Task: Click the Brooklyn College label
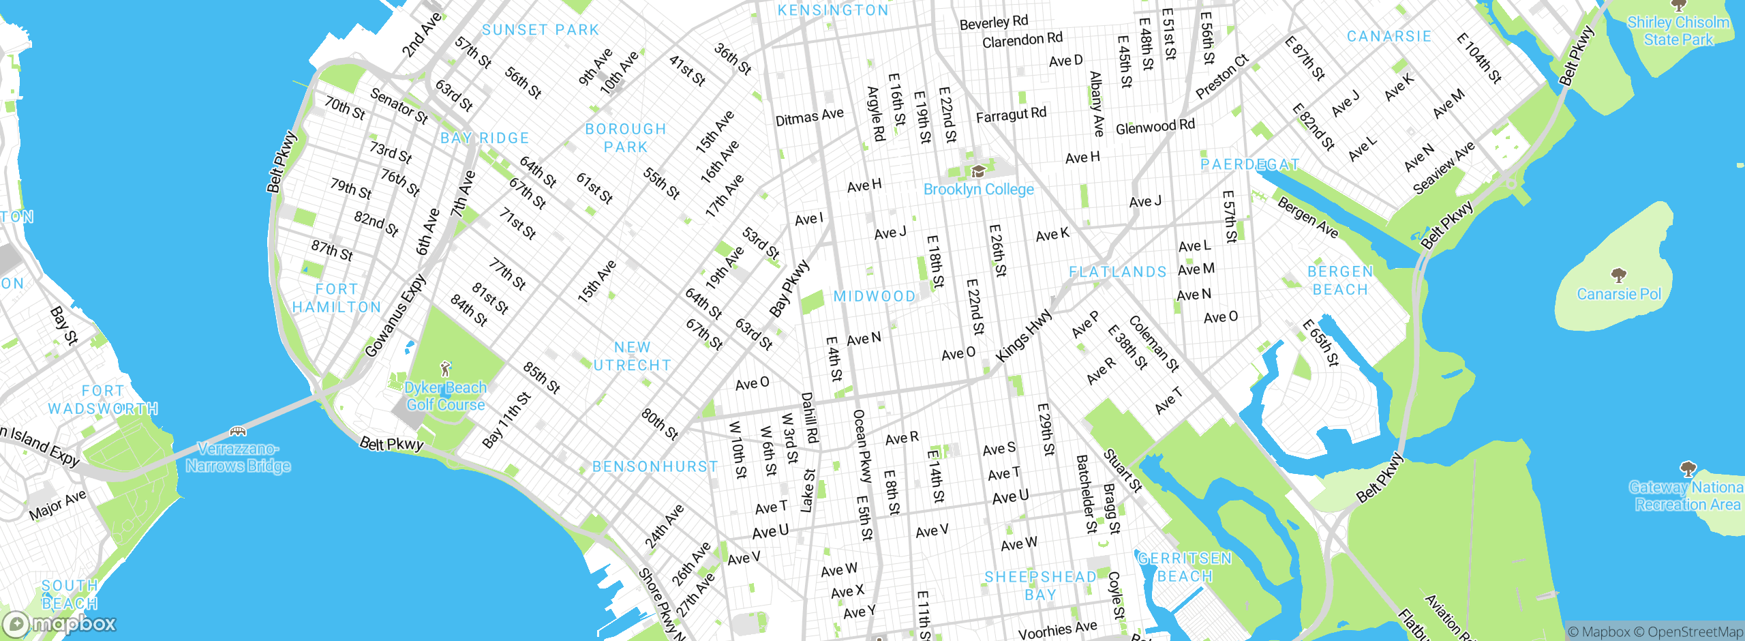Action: click(978, 190)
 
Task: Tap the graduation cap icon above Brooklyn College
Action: click(978, 171)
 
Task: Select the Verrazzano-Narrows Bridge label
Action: click(238, 458)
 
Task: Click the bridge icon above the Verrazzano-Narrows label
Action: click(237, 431)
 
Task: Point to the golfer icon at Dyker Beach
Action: click(446, 370)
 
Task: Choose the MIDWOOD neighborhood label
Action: click(875, 296)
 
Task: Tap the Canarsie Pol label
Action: click(1619, 294)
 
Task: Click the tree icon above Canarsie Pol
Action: click(1619, 275)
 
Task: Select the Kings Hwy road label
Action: click(1024, 336)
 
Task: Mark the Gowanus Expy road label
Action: click(395, 316)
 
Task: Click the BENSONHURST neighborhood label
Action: click(655, 466)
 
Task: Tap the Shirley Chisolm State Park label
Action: click(1678, 31)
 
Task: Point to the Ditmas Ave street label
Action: click(809, 117)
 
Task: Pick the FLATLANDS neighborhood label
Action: click(1118, 272)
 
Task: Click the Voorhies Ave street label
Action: click(1058, 629)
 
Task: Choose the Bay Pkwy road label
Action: click(789, 288)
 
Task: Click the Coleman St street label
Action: click(1153, 343)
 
